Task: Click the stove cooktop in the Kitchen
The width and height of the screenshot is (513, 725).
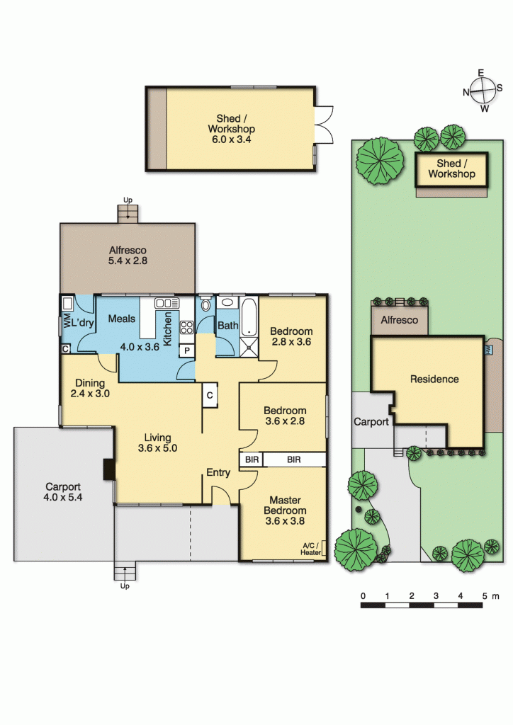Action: pyautogui.click(x=187, y=328)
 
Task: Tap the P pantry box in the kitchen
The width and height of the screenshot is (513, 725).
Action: pyautogui.click(x=187, y=350)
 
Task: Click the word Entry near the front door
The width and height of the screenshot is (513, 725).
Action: pyautogui.click(x=218, y=472)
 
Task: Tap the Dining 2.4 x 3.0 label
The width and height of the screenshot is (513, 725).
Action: pyautogui.click(x=89, y=388)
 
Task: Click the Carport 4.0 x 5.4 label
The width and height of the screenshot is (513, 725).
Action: pyautogui.click(x=63, y=492)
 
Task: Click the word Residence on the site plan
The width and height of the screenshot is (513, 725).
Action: pyautogui.click(x=434, y=379)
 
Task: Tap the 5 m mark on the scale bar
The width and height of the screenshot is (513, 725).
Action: pyautogui.click(x=486, y=595)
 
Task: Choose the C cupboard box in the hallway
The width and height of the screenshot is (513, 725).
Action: pyautogui.click(x=210, y=396)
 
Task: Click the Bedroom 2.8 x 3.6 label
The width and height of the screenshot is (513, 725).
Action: pyautogui.click(x=291, y=336)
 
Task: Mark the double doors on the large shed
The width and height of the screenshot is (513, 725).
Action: pyautogui.click(x=322, y=128)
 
